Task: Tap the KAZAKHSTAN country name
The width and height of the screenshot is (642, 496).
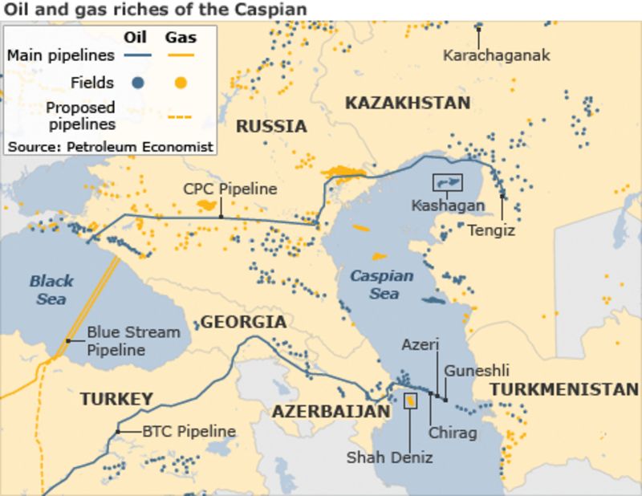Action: [x=407, y=103]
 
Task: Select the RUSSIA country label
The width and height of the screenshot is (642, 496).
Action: [x=271, y=126]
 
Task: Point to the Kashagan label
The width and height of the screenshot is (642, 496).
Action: [x=448, y=205]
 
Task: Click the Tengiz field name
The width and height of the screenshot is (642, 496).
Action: [x=492, y=230]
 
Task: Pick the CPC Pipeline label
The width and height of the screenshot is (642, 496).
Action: [x=230, y=189]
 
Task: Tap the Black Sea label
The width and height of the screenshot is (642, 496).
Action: [x=51, y=290]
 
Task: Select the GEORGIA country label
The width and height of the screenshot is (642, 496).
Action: [x=242, y=323]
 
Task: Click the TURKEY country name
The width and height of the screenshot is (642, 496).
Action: [x=116, y=399]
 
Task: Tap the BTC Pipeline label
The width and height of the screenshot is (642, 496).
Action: [x=189, y=432]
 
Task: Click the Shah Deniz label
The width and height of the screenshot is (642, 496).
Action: [x=389, y=457]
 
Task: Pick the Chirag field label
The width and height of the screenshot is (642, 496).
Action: [x=453, y=433]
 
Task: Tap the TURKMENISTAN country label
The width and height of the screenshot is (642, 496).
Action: [x=564, y=389]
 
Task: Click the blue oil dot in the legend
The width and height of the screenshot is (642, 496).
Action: [x=138, y=82]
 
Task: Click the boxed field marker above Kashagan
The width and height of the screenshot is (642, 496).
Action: [x=448, y=182]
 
